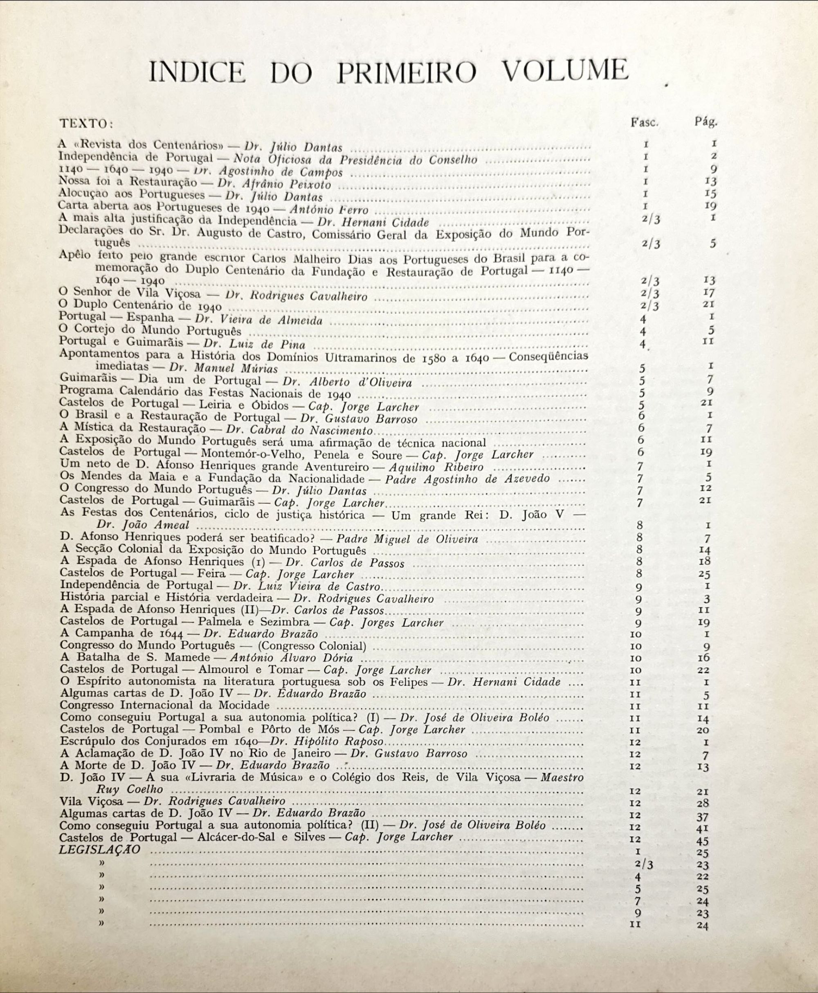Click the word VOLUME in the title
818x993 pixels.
coord(565,72)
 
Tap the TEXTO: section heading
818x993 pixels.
coord(86,124)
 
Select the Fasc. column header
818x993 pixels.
coord(644,122)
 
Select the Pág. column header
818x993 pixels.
coord(706,122)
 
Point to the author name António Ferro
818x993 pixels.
coord(329,209)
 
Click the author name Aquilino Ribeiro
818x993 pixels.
coord(436,467)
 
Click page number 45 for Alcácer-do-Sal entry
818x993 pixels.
coord(702,841)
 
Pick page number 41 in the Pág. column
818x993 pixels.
coord(702,829)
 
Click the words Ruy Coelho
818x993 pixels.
coord(130,789)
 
